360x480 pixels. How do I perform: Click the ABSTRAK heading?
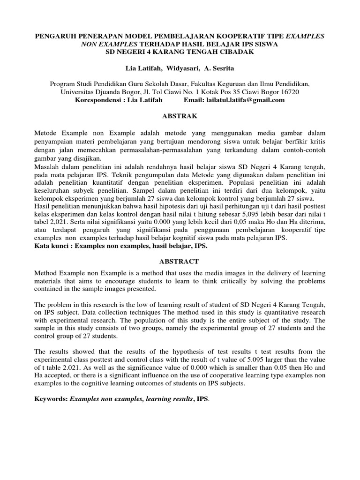pyautogui.click(x=180, y=116)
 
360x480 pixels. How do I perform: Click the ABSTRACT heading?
pyautogui.click(x=180, y=261)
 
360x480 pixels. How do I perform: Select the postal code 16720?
pyautogui.click(x=290, y=92)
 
